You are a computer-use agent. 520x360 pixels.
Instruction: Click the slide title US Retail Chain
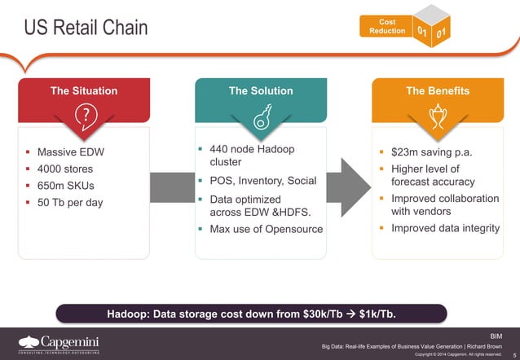85,28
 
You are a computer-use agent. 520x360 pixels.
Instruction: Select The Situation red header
83,91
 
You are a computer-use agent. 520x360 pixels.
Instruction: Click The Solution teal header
261,91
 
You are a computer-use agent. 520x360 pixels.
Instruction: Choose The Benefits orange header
437,91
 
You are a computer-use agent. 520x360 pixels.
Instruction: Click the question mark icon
83,116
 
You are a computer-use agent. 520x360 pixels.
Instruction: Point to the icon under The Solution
261,118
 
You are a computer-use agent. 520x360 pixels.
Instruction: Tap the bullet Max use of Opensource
266,229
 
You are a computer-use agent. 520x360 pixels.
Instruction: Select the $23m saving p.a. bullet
431,152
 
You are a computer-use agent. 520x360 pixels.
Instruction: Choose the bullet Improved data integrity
445,228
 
